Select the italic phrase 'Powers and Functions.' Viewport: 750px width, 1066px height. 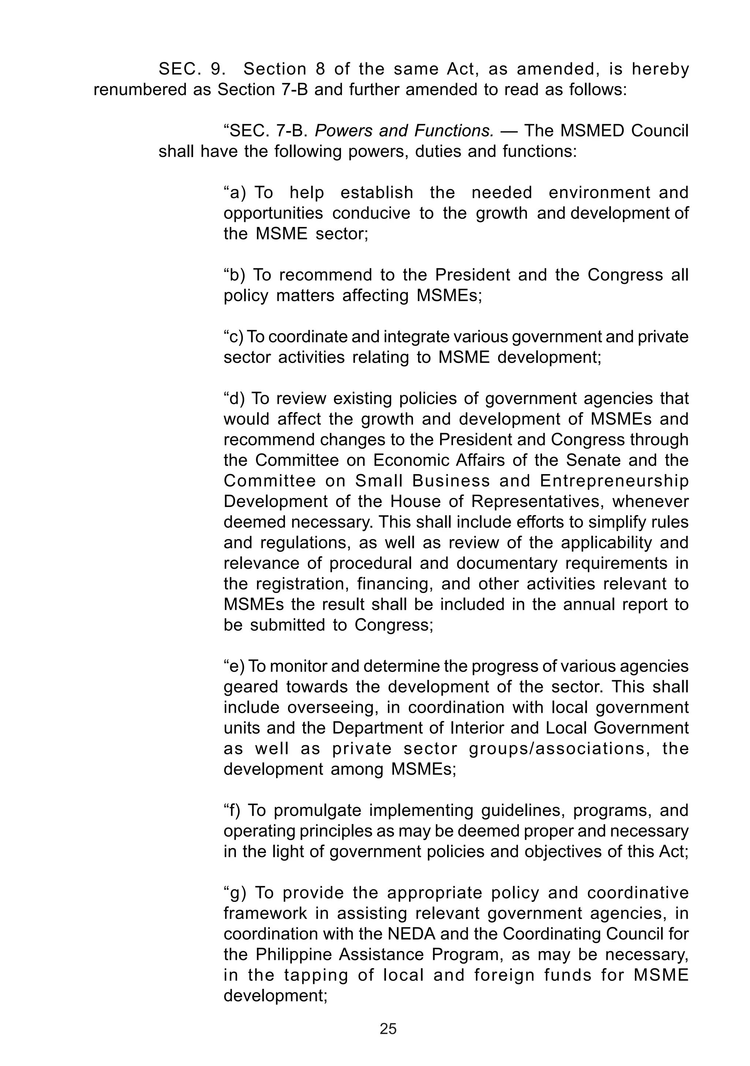coord(404,131)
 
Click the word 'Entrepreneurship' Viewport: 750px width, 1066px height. coord(614,481)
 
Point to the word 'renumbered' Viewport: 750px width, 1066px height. coord(140,90)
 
